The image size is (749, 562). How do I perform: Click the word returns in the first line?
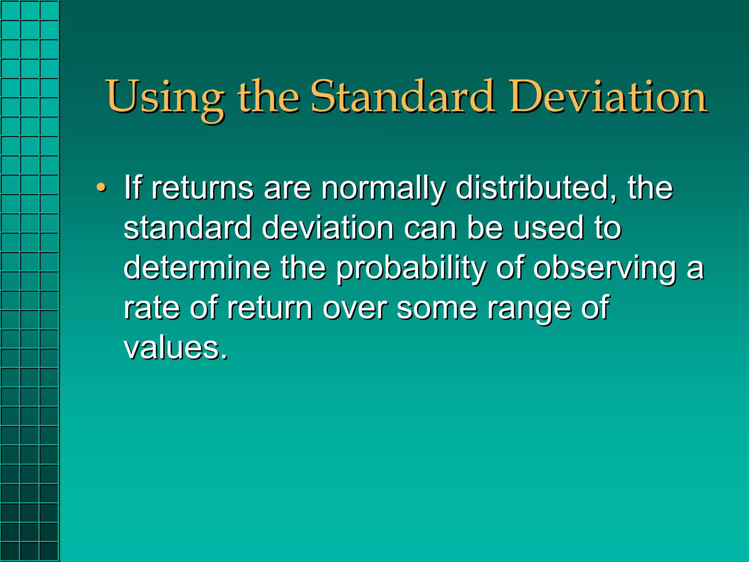tap(203, 188)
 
